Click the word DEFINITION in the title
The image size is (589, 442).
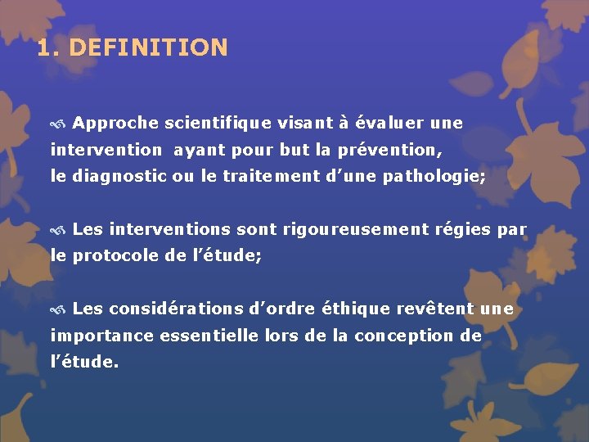148,47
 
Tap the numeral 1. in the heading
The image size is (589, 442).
48,47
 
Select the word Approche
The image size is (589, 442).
115,124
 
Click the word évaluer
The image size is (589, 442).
388,124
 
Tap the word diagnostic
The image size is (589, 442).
119,176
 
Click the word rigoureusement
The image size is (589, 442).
355,230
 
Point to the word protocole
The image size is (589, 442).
114,256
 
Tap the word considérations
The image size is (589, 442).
177,309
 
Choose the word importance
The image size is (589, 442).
103,336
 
